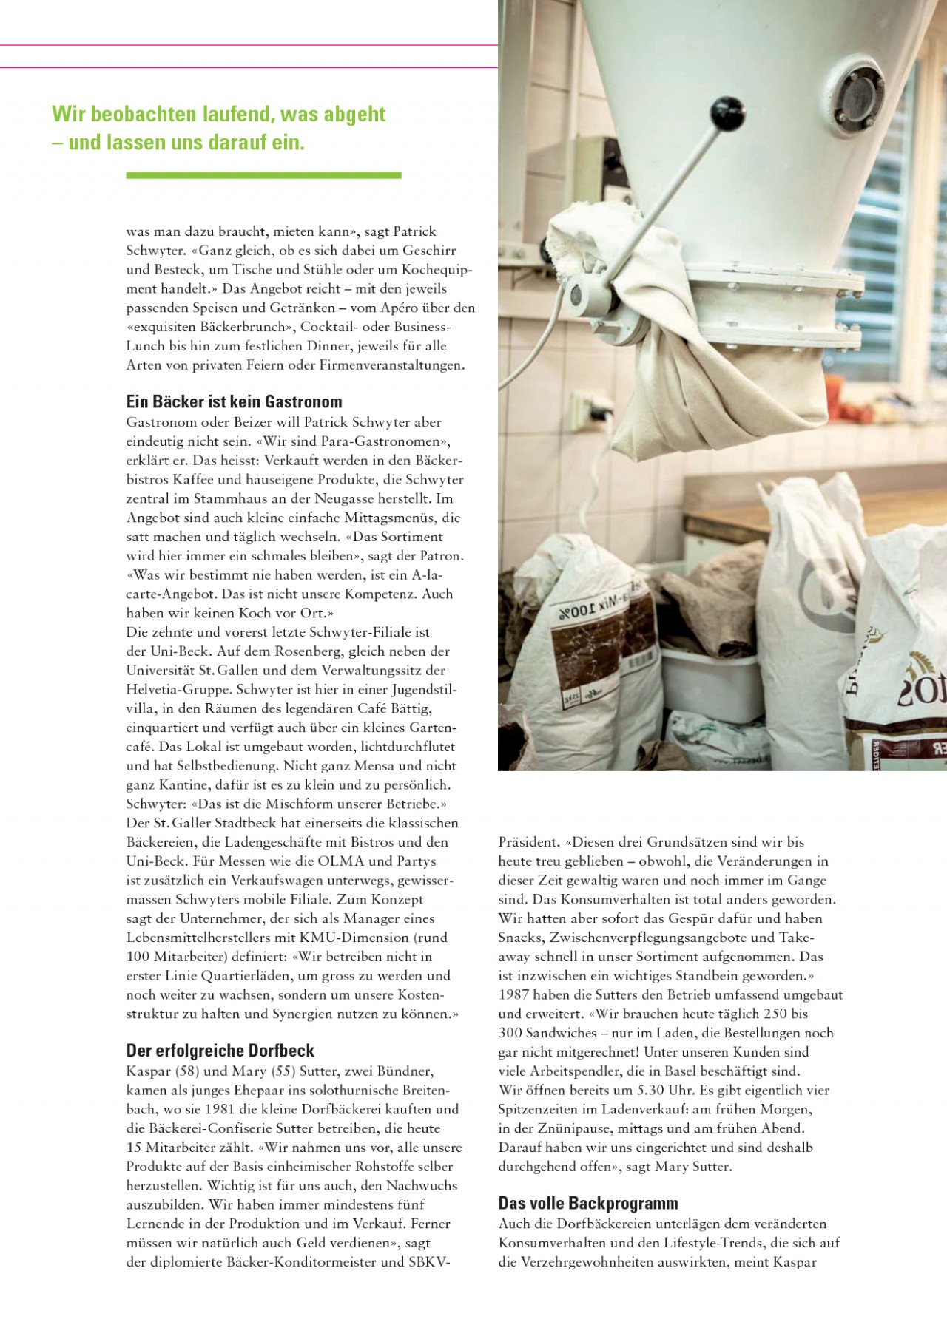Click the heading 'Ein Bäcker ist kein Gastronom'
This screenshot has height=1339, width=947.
(x=234, y=401)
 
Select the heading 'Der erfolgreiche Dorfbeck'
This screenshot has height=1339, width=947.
(x=220, y=1051)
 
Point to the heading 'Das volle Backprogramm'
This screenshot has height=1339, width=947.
(x=588, y=1203)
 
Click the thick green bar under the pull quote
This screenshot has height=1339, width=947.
(x=263, y=175)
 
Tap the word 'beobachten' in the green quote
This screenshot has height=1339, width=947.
(x=147, y=114)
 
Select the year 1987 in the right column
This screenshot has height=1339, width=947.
(x=513, y=994)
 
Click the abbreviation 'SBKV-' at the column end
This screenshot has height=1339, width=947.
(x=429, y=1262)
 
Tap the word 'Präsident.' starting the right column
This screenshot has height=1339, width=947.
(x=529, y=841)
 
